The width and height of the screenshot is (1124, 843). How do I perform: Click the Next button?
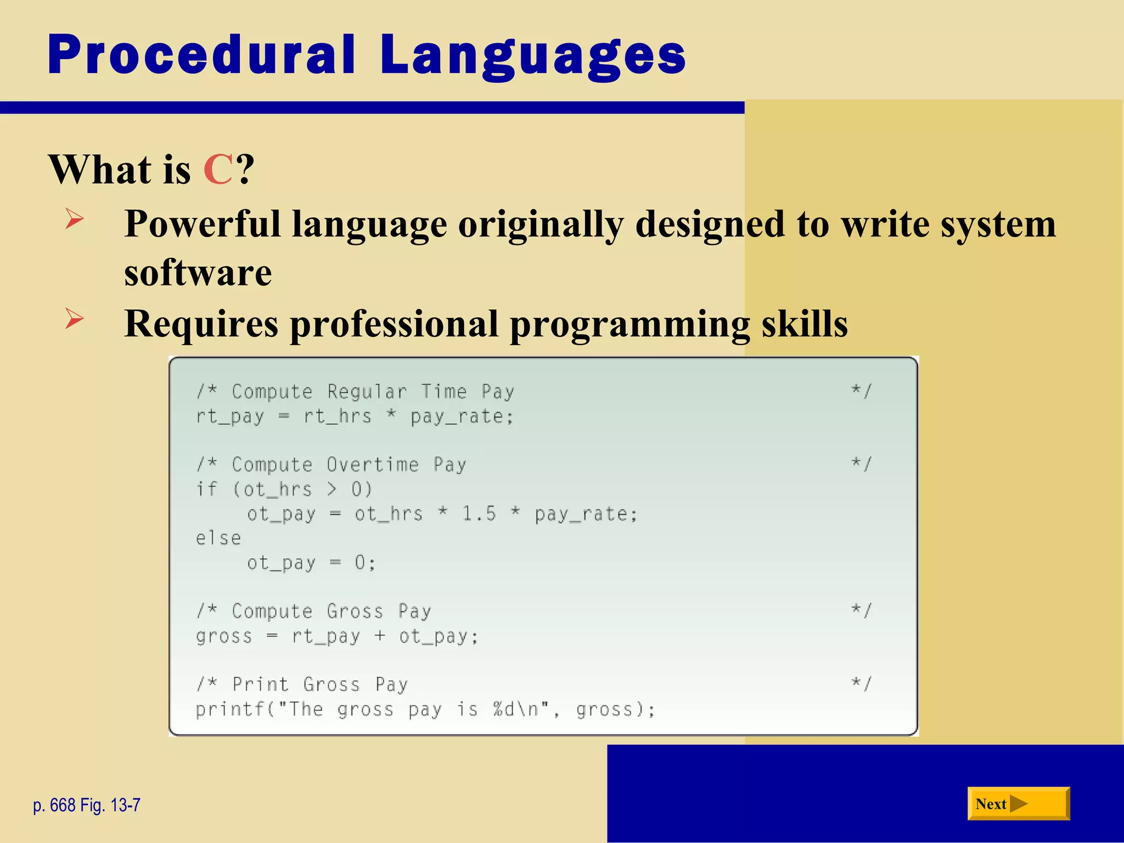coord(1018,804)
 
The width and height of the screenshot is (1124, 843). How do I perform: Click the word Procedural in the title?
coord(201,55)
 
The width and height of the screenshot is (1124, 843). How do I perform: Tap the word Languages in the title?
coord(532,55)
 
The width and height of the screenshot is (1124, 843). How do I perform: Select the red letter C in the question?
coord(218,170)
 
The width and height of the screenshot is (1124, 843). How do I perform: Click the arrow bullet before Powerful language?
coord(74,219)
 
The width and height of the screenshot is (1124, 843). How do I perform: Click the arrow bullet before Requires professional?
coord(74,319)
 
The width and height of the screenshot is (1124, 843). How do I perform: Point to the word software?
coord(198,273)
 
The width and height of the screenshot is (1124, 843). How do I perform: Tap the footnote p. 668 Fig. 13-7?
coord(87,805)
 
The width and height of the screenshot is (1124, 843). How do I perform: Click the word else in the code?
coord(218,538)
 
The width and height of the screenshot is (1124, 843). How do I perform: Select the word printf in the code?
coord(231,709)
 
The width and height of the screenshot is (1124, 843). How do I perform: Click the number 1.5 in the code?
coord(479,514)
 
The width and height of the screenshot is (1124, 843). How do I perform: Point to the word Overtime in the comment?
coord(373,465)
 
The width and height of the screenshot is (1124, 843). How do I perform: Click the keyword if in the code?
coord(207,489)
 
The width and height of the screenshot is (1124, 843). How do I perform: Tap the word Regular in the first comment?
coord(367,392)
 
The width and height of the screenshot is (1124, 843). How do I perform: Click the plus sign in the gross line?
coord(380,636)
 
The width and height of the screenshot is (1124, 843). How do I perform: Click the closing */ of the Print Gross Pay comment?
coord(861,684)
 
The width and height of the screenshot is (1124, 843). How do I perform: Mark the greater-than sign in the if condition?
coord(331,489)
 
